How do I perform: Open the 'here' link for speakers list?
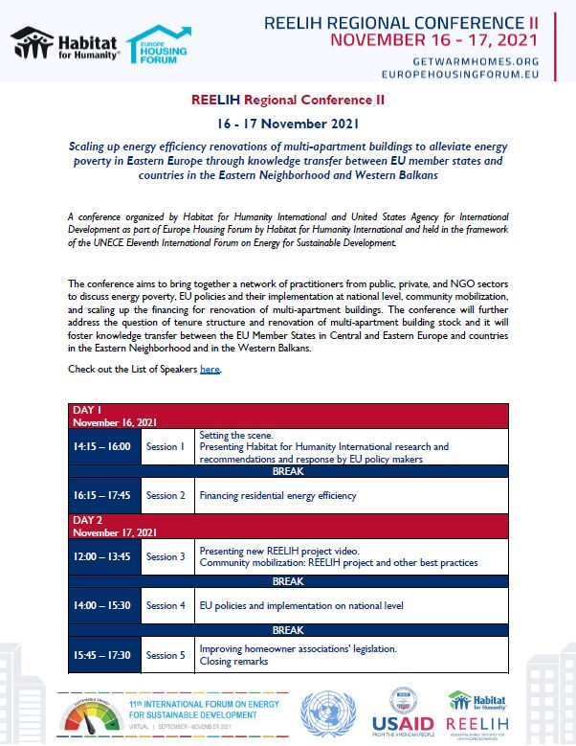pyautogui.click(x=210, y=369)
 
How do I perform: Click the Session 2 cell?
pyautogui.click(x=165, y=495)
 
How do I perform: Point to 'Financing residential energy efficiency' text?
pyautogui.click(x=277, y=495)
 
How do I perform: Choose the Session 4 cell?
pyautogui.click(x=165, y=605)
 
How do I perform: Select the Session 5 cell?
pyautogui.click(x=165, y=655)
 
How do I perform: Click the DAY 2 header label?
pyautogui.click(x=87, y=520)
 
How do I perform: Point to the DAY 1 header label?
pyautogui.click(x=86, y=410)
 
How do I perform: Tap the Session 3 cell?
pyautogui.click(x=165, y=556)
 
